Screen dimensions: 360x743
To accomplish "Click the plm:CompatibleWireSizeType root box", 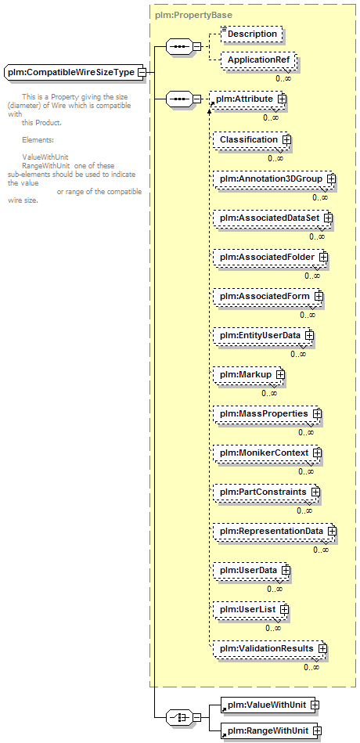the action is pos(73,73).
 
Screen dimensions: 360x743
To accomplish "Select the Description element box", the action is pos(251,34).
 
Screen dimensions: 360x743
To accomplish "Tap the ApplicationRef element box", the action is pos(258,60).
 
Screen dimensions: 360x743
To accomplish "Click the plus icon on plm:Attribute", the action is pos(283,99).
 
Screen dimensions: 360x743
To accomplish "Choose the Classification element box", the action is pos(251,140).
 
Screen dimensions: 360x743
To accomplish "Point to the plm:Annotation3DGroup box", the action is pos(273,179).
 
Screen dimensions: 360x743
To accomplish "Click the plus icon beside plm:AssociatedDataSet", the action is pos(328,218).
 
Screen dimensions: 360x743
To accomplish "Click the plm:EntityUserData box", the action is pos(262,335).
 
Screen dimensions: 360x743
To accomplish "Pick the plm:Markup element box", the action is pos(247,374).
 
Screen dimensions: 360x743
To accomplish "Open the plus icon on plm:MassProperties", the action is pos(317,413).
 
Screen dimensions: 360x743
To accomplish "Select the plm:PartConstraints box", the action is pos(265,492).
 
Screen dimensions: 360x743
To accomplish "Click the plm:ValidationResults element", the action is pos(268,648).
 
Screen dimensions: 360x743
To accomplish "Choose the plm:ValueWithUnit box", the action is pos(268,705).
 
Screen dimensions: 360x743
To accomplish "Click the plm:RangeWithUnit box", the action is pos(269,730).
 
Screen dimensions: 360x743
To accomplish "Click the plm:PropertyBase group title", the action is pos(194,15).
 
